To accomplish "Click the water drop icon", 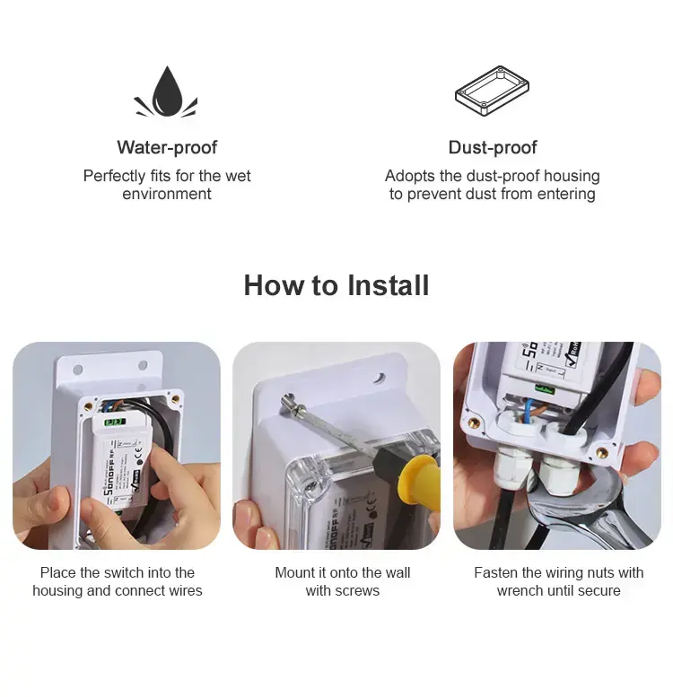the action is [x=166, y=91].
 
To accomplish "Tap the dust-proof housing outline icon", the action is [x=492, y=91].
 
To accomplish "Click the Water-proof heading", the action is [x=167, y=148].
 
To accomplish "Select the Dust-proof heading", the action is [x=493, y=148].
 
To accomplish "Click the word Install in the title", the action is [x=388, y=285].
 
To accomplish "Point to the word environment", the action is [x=167, y=195].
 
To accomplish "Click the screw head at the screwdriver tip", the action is [x=288, y=401].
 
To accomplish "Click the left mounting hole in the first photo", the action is [x=78, y=370].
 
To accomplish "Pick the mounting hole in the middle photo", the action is [x=379, y=378].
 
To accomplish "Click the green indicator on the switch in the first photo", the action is [x=115, y=422].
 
